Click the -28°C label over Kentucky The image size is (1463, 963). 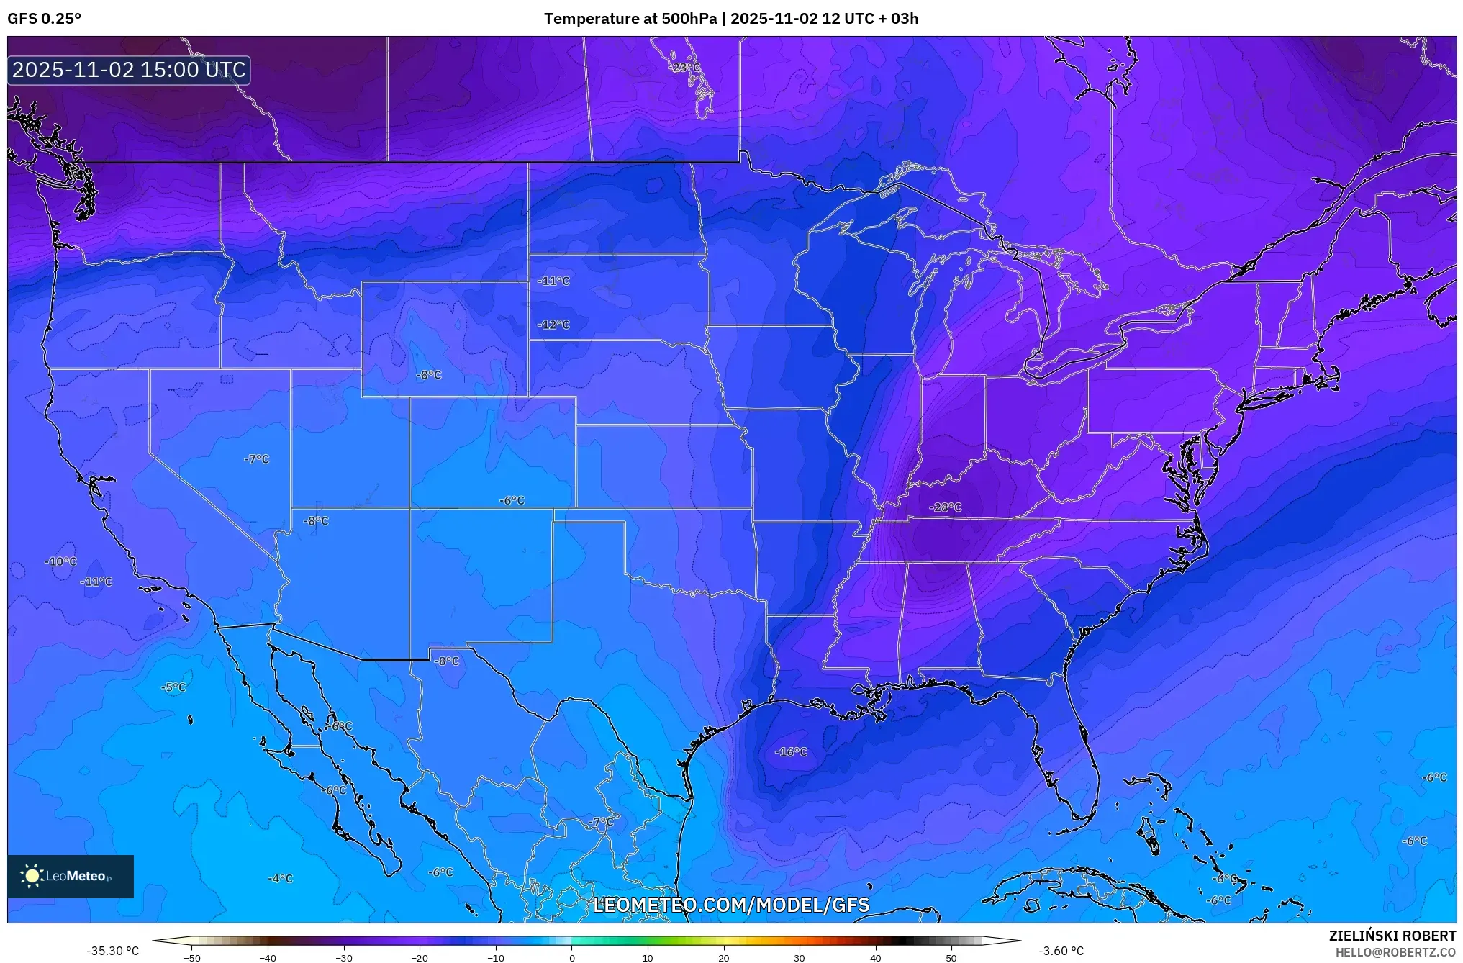pos(945,507)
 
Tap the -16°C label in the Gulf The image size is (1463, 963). pos(791,752)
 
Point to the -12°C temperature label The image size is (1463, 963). pos(553,325)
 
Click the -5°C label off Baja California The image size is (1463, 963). pos(173,687)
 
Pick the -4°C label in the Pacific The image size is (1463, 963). pos(280,879)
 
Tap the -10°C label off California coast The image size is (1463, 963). pos(60,561)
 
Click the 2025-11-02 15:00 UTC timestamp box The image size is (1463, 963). pos(129,70)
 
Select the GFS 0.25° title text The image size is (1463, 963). pos(45,19)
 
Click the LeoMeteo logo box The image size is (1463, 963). pos(71,876)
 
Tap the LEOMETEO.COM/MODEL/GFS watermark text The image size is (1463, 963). pos(731,905)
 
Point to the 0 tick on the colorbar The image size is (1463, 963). pos(572,957)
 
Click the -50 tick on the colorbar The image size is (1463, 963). pos(192,957)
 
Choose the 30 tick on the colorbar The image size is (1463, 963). pos(800,957)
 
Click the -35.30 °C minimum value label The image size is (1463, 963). pos(113,951)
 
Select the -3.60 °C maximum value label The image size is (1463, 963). pos(1061,951)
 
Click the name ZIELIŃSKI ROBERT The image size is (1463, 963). pos(1392,936)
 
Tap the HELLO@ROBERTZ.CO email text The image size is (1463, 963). pos(1395,952)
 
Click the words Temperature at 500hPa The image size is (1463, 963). pos(630,19)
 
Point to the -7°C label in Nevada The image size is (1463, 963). pos(256,459)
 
